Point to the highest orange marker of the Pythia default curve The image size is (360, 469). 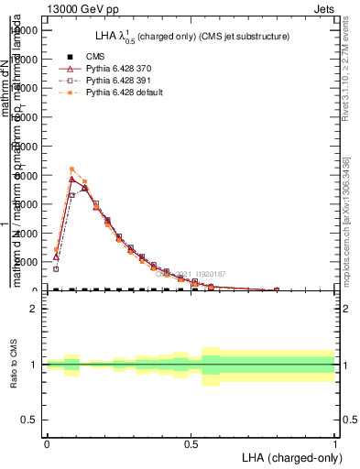pyautogui.click(x=71, y=169)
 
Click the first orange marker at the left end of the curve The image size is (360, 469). pyautogui.click(x=56, y=249)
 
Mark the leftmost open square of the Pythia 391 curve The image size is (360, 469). pyautogui.click(x=56, y=269)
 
